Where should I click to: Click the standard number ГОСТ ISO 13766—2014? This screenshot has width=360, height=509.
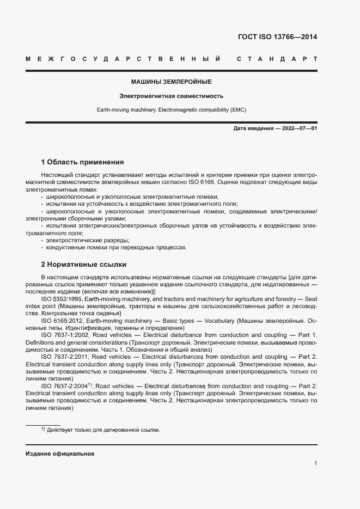pyautogui.click(x=278, y=38)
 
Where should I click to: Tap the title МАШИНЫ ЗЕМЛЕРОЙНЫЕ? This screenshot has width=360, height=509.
pyautogui.click(x=171, y=82)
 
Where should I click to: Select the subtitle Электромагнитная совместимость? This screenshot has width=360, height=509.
pyautogui.click(x=171, y=96)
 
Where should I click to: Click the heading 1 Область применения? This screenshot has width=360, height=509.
pyautogui.click(x=82, y=162)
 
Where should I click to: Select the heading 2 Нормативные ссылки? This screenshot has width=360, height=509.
pyautogui.click(x=84, y=265)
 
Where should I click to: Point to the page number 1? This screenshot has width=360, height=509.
pyautogui.click(x=315, y=463)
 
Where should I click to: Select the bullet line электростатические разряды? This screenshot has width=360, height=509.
pyautogui.click(x=80, y=240)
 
